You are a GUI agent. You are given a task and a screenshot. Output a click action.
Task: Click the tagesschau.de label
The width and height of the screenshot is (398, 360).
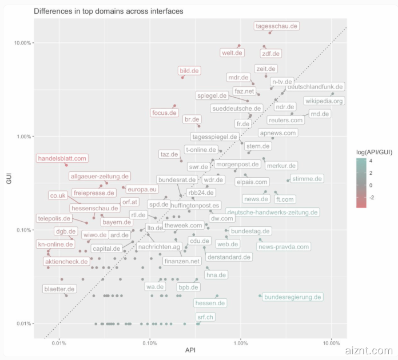coord(277,26)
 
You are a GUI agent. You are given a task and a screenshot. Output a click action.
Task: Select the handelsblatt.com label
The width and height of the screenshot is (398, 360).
coord(62,158)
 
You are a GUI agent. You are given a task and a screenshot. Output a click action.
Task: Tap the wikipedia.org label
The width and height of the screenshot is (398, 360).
coord(324,101)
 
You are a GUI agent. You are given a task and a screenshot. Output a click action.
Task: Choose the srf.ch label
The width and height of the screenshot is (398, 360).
coord(205,317)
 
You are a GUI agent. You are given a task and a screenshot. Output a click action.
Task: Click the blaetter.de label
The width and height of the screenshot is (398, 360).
coord(59,289)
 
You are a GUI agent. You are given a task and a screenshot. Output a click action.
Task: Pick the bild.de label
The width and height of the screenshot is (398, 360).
coord(189,71)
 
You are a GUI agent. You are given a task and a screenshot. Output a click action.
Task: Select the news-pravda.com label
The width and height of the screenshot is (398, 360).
coord(284,247)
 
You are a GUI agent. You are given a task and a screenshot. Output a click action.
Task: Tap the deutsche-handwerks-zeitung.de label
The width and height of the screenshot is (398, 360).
coord(272,212)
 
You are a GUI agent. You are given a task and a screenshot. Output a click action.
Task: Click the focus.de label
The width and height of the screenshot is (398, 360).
coord(164,113)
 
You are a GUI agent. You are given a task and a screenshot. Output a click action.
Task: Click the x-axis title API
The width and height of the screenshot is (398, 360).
coord(190,350)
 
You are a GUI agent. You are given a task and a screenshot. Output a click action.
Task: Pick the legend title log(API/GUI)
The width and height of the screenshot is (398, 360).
coord(372,152)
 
